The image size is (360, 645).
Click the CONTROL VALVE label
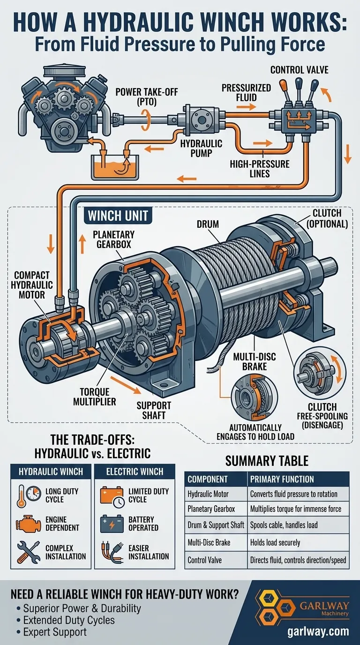[299, 70]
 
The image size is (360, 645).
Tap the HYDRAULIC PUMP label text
[201, 149]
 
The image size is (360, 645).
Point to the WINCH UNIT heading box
[117, 216]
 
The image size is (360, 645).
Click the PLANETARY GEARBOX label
[113, 240]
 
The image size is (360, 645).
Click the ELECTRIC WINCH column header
[135, 472]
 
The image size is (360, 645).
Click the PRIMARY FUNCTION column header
[282, 480]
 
